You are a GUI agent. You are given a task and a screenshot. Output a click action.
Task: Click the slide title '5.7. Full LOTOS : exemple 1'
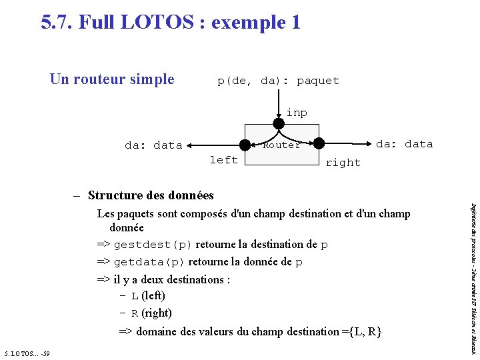click(171, 23)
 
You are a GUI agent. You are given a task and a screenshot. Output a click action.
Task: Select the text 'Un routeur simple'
click(112, 79)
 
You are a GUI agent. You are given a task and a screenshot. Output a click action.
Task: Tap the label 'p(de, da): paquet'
click(278, 81)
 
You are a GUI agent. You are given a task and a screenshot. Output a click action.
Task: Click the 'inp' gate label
click(297, 113)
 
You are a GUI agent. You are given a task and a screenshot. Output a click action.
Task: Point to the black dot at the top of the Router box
click(279, 124)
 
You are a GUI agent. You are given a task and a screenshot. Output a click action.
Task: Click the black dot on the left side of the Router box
click(246, 144)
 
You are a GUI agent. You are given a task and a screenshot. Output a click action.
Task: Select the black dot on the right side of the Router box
click(319, 143)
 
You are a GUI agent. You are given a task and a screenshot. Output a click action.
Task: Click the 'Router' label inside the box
click(281, 145)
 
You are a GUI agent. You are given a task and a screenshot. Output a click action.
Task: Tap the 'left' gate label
click(223, 160)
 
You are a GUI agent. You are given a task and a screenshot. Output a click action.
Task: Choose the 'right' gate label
click(343, 163)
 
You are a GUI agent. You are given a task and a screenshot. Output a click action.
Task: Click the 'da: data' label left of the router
click(153, 145)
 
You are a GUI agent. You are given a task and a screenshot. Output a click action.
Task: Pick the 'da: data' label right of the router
click(405, 144)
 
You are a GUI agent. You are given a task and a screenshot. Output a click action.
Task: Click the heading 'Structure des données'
click(151, 195)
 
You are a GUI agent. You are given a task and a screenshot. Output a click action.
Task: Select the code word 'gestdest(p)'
click(153, 245)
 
